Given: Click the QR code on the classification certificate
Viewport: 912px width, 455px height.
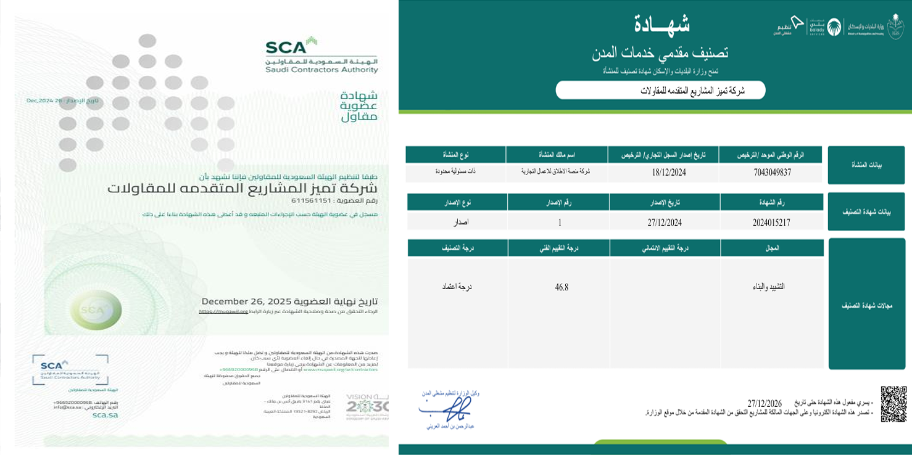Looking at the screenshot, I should pos(893,404).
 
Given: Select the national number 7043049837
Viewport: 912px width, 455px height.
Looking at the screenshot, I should pos(771,173).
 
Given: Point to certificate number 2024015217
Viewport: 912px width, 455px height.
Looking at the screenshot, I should pos(771,222).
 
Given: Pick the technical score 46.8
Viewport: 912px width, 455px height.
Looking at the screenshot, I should pos(562,287).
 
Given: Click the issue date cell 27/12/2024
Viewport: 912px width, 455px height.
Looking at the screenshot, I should pos(664,222).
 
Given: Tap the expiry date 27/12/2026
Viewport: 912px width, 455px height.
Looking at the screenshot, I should pos(765,403).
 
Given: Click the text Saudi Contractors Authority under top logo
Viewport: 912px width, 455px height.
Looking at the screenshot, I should pos(321,70).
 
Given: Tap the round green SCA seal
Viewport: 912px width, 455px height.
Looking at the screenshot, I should pos(96,309).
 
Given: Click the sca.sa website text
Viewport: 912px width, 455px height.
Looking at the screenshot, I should pos(105,415).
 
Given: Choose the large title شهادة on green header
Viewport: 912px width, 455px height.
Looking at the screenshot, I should pos(661,25).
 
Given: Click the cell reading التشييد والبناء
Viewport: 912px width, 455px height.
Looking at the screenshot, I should pos(771,287).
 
